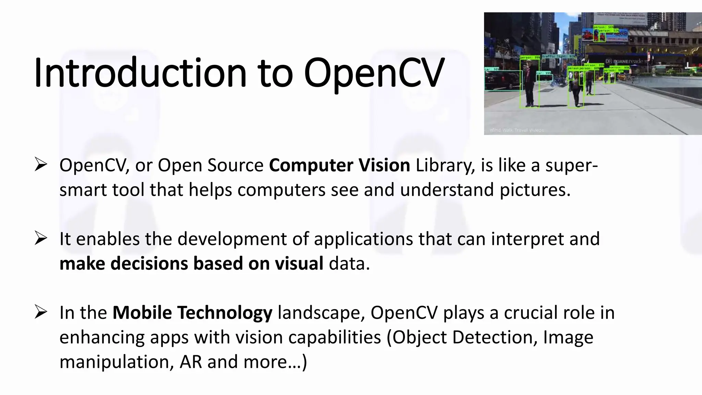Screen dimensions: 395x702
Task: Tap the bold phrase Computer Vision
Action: [x=339, y=165]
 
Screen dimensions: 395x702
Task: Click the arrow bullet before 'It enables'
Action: [x=40, y=238]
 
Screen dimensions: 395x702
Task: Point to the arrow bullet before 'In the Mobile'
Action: [x=40, y=312]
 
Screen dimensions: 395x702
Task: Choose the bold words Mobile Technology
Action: [x=192, y=313]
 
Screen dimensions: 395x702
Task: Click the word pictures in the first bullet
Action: [x=535, y=190]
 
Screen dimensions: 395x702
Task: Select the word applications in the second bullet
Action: [x=363, y=239]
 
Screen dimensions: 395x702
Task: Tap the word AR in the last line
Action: [x=191, y=362]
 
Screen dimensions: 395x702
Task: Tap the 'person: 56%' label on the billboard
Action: [x=604, y=27]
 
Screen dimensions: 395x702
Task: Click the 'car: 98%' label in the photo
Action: [x=491, y=69]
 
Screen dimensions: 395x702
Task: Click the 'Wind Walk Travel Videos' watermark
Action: [x=516, y=130]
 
